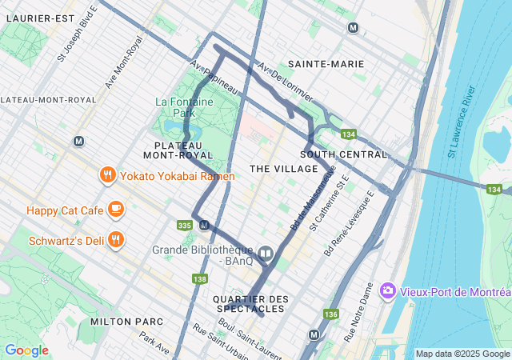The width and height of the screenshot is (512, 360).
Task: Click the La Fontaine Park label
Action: pyautogui.click(x=186, y=108)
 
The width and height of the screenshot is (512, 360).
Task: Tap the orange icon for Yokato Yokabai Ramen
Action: pyautogui.click(x=106, y=175)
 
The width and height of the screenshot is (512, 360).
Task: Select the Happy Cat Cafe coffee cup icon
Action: pyautogui.click(x=116, y=210)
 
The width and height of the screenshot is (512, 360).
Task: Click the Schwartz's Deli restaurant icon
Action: pyautogui.click(x=116, y=240)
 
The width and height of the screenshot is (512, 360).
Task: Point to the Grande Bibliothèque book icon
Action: pyautogui.click(x=266, y=254)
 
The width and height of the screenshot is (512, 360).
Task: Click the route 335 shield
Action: pyautogui.click(x=185, y=226)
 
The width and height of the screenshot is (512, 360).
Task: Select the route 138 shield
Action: pyautogui.click(x=199, y=278)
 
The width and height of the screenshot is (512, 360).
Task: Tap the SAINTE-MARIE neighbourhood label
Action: pyautogui.click(x=326, y=63)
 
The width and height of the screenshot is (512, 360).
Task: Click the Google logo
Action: pyautogui.click(x=26, y=350)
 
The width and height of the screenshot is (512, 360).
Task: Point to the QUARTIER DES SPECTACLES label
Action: pyautogui.click(x=249, y=303)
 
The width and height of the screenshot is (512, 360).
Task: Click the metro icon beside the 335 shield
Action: pyautogui.click(x=204, y=225)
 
